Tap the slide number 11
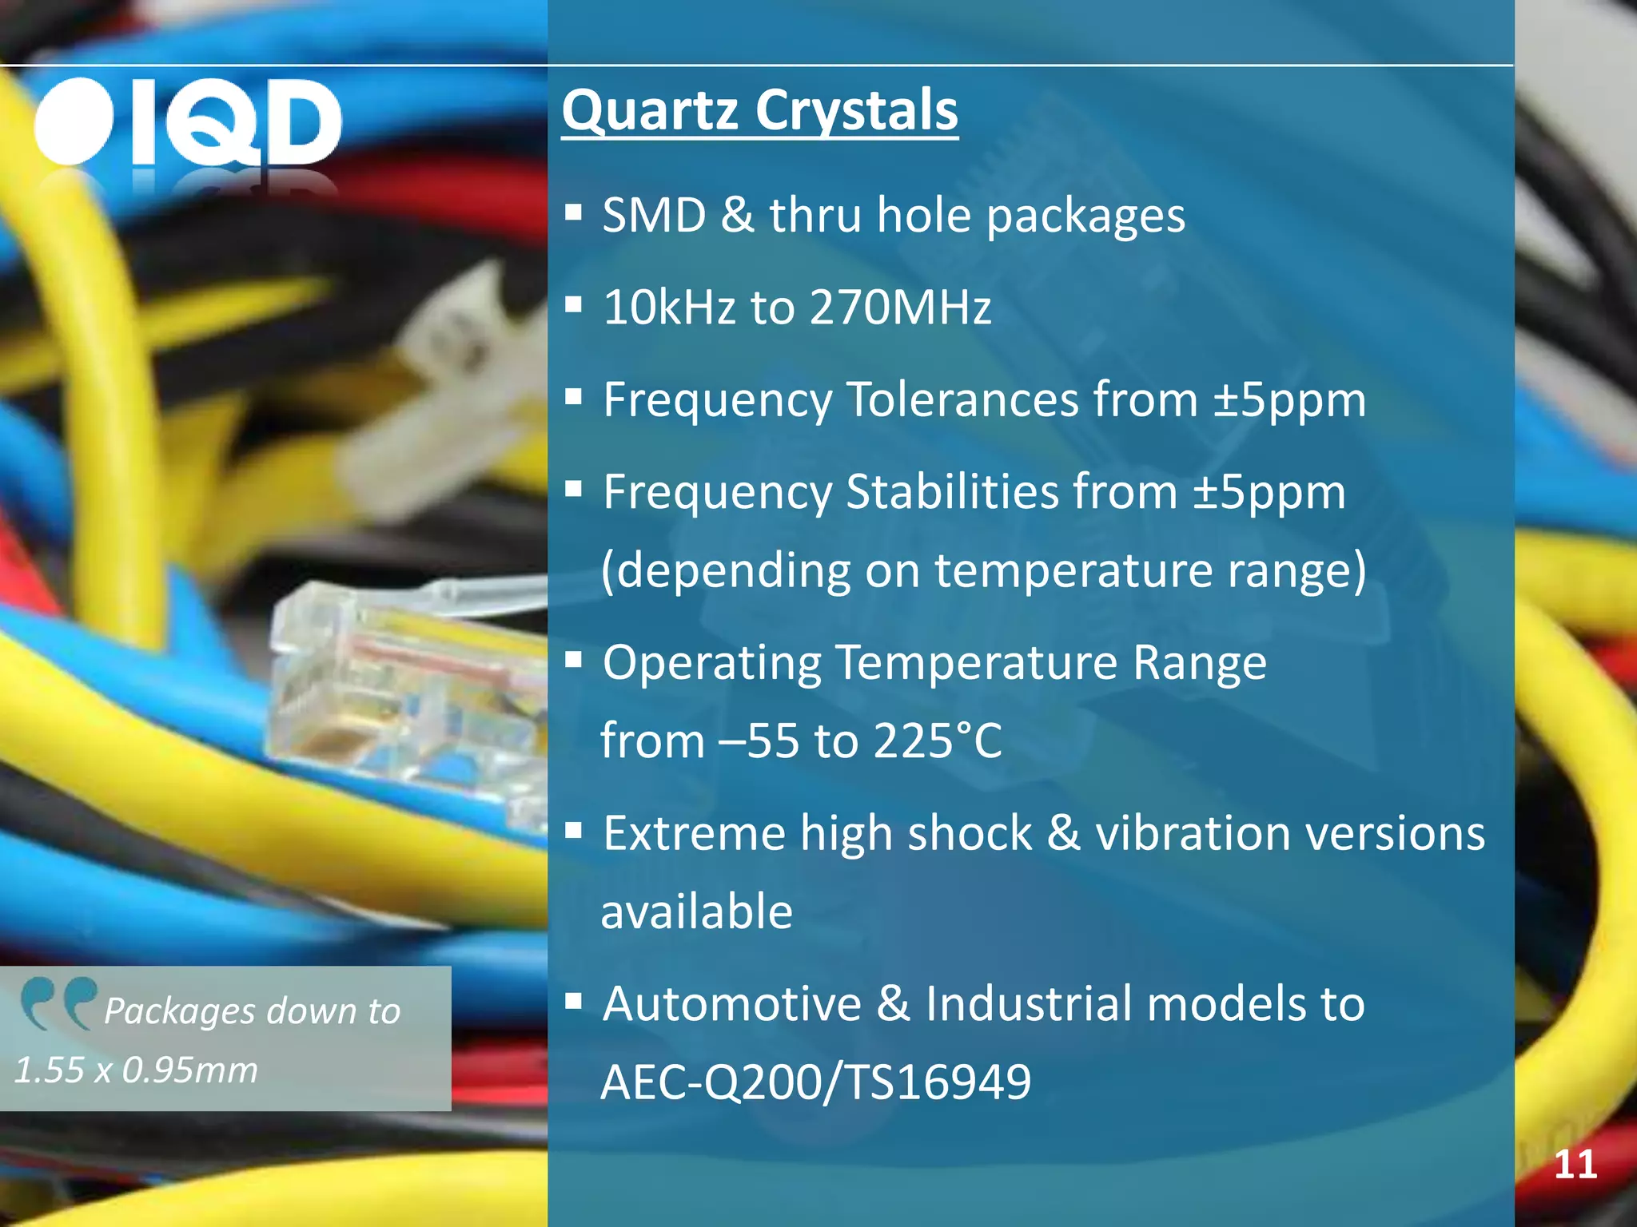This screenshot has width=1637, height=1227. pyautogui.click(x=1575, y=1165)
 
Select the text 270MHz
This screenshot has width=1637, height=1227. pyautogui.click(x=900, y=307)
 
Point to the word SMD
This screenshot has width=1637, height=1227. pyautogui.click(x=654, y=216)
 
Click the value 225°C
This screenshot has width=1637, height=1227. pyautogui.click(x=937, y=741)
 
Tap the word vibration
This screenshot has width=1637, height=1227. pyautogui.click(x=1193, y=833)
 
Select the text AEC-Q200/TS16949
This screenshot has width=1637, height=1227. pyautogui.click(x=815, y=1082)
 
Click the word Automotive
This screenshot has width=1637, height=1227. pyautogui.click(x=731, y=1004)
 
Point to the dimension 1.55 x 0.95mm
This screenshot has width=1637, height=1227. pyautogui.click(x=136, y=1070)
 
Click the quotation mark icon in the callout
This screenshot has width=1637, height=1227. pyautogui.click(x=58, y=1003)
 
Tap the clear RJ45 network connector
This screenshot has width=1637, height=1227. pyautogui.click(x=400, y=687)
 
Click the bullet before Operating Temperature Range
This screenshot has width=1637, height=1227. pyautogui.click(x=572, y=661)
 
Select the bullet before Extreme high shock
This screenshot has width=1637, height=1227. pyautogui.click(x=572, y=832)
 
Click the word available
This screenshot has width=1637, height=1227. pyautogui.click(x=695, y=911)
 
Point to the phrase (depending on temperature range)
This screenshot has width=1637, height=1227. pyautogui.click(x=983, y=571)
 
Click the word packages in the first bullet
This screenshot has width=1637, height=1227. pyautogui.click(x=1085, y=216)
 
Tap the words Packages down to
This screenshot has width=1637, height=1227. pyautogui.click(x=252, y=1011)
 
